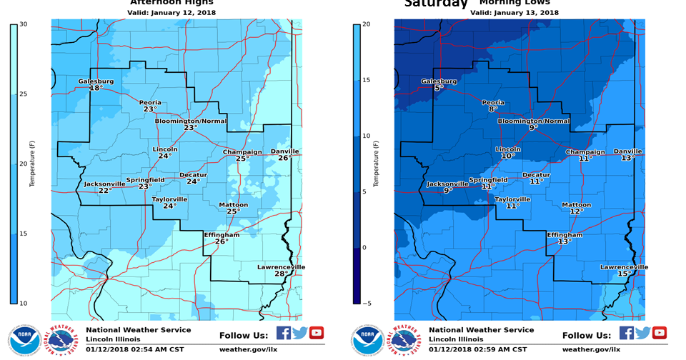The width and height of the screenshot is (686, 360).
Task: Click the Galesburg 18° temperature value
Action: point(95,88)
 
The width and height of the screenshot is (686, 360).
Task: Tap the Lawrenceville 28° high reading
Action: point(281,274)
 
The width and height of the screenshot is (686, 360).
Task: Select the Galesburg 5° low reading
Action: point(437,88)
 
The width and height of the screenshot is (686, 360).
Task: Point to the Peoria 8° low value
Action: point(492,109)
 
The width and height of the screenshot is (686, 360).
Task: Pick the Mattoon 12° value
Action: point(576,211)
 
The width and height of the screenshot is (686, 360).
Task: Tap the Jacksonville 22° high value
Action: point(104,191)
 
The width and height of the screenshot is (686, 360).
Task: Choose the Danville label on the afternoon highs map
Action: point(284,151)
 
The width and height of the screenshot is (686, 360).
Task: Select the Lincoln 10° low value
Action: point(507,156)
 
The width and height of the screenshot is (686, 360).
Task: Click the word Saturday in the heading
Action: point(435,4)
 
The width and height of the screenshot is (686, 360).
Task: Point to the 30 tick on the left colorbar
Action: point(23,24)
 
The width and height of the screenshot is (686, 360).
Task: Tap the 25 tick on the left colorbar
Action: point(23,94)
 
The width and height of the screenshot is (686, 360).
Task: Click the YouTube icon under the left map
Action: point(316,333)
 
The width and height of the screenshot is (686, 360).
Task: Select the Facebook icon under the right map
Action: point(626,333)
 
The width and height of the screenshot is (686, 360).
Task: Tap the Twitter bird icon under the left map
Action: point(299,333)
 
